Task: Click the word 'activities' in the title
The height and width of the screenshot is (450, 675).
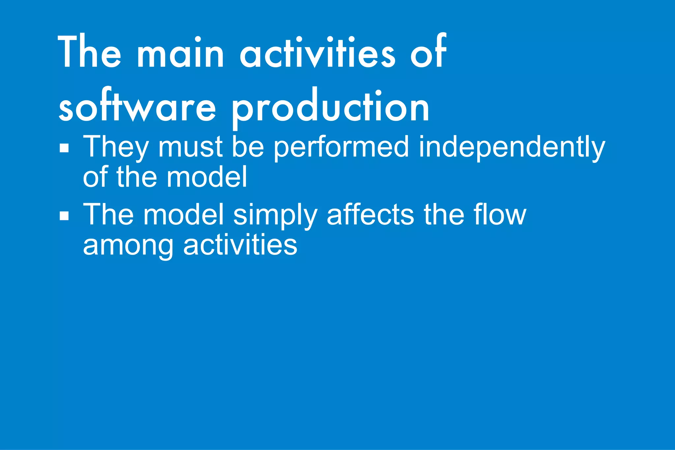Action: [x=317, y=53]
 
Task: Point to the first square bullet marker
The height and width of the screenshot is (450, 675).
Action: [x=64, y=148]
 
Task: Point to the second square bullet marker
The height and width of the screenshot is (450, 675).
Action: [x=64, y=216]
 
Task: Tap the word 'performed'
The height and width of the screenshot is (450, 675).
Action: [x=341, y=147]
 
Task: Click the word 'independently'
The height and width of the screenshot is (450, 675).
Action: [x=512, y=147]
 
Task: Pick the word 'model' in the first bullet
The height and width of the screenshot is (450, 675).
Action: [x=207, y=177]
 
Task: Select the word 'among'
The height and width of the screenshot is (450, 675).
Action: [x=128, y=246]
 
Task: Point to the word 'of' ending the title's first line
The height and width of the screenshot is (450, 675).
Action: [x=428, y=53]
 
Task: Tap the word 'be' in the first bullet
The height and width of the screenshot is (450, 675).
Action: [x=248, y=147]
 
